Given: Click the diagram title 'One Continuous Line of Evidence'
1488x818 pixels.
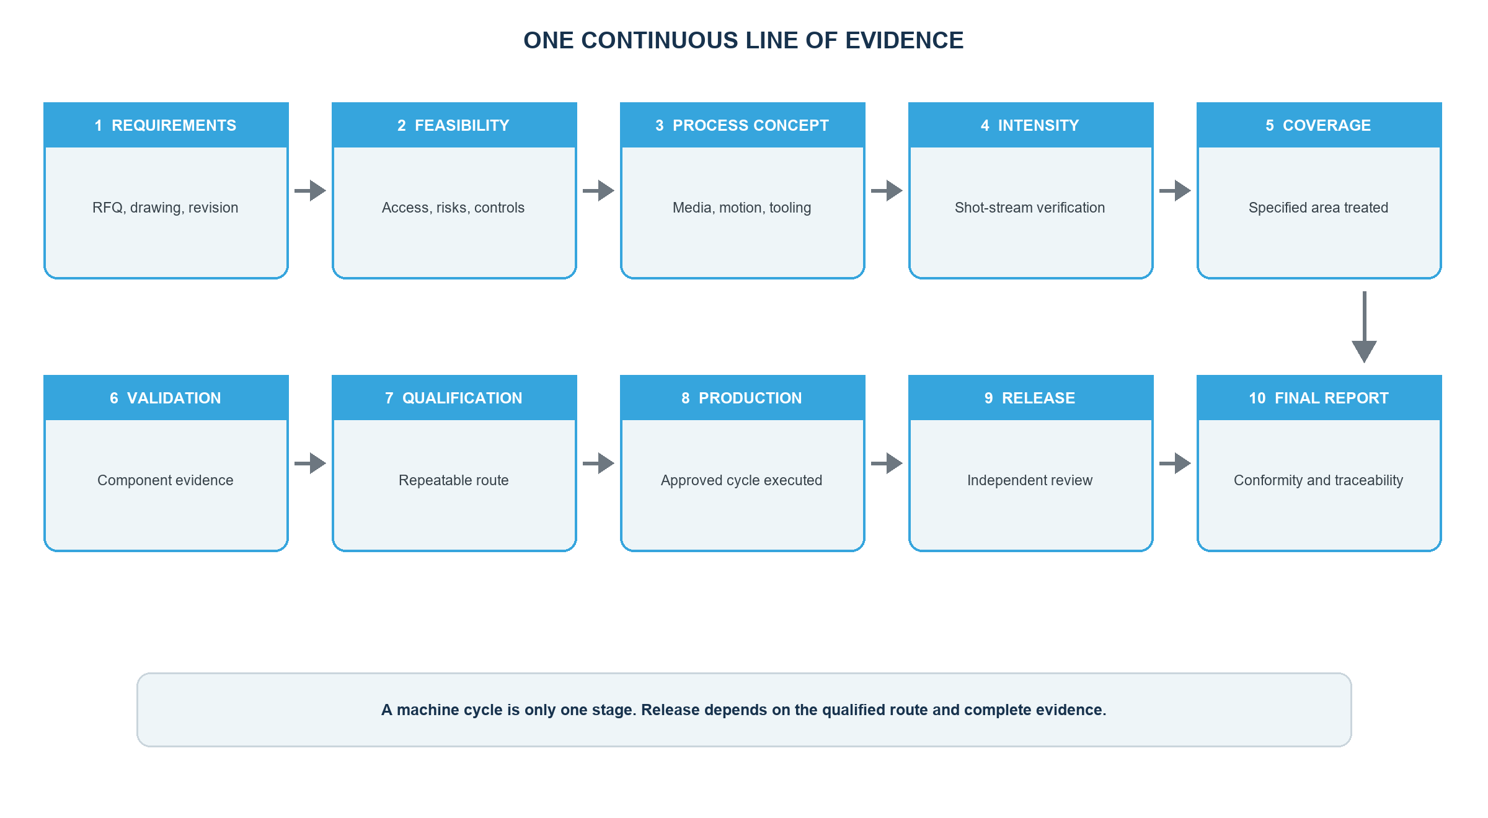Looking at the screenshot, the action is click(743, 40).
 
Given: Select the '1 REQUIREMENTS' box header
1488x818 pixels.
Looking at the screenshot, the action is click(166, 125).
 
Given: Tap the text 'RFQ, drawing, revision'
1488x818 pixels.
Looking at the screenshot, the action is click(166, 208).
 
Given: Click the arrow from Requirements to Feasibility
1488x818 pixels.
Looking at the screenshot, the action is click(310, 190).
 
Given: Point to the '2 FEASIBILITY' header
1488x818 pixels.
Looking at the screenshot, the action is click(454, 125).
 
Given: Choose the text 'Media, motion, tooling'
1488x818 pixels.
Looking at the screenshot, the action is click(742, 208).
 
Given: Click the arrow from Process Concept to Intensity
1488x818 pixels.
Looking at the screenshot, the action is click(887, 190).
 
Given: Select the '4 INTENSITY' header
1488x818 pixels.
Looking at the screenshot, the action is click(1031, 125).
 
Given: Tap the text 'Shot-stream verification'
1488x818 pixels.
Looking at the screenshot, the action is click(1030, 208).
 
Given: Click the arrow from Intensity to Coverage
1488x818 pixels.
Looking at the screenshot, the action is click(1175, 190).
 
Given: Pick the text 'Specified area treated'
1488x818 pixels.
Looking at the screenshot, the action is click(1319, 208).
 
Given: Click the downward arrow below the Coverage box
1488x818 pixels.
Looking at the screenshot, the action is click(1365, 327).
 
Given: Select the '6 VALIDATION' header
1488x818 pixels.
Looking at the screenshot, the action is click(166, 398).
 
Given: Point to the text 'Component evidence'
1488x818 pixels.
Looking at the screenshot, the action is click(166, 480).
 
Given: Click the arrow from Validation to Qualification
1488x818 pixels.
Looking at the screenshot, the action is click(310, 463).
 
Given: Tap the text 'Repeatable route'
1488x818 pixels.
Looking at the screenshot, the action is click(454, 480).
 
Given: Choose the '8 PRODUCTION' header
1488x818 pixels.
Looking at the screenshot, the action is click(743, 398).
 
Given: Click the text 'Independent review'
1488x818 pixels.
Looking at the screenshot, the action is click(1030, 480).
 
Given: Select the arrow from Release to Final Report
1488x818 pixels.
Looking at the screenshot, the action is click(1175, 463).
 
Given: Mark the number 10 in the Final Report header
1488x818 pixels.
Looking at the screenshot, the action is click(1257, 398).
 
